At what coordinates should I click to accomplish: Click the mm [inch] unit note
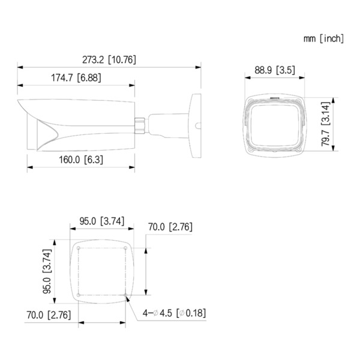(x=323, y=38)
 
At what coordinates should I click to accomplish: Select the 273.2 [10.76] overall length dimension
(x=109, y=59)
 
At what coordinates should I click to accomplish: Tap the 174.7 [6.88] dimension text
(x=77, y=77)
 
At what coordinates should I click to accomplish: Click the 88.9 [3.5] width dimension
(x=274, y=70)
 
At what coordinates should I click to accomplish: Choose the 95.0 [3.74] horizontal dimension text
(x=101, y=221)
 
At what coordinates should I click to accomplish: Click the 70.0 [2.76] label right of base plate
(x=170, y=227)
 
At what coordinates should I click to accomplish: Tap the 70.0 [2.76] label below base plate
(x=50, y=314)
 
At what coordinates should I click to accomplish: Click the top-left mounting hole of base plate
(x=79, y=248)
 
